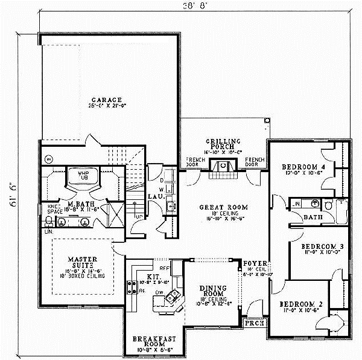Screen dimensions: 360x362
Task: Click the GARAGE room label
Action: coord(107,100)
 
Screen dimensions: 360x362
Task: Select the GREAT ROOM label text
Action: coord(224,207)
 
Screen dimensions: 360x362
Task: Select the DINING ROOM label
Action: coord(215,291)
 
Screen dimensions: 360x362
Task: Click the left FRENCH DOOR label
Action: coord(194,162)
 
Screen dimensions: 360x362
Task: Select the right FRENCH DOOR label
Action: coord(255,162)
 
